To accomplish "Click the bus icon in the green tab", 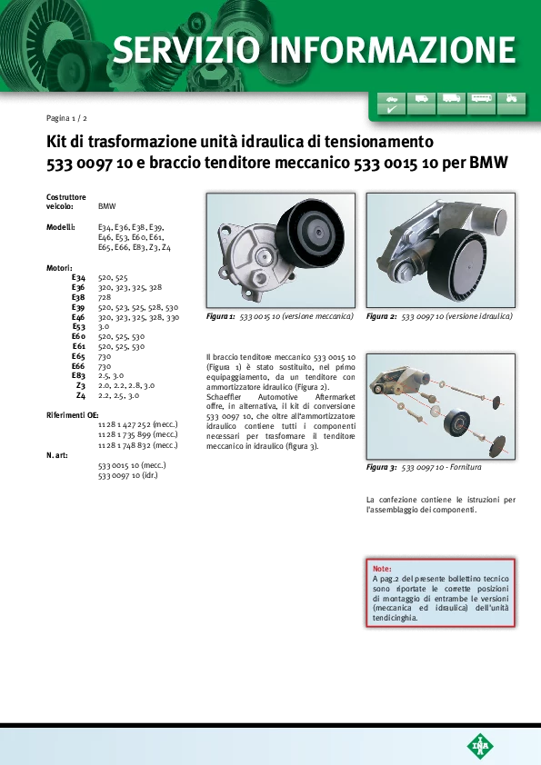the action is (481, 98).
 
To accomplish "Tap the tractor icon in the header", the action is (511, 98).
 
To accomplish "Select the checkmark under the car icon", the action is (392, 110).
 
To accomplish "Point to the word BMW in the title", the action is (488, 162).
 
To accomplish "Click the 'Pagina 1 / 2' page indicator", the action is (66, 118).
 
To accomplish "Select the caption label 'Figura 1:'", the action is (221, 316).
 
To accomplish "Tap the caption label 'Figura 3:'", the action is (381, 467).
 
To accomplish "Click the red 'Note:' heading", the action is (382, 569).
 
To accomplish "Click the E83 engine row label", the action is (78, 375).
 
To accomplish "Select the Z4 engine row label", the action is (81, 395).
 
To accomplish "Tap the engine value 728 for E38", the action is (105, 297).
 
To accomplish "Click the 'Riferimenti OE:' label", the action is (72, 415).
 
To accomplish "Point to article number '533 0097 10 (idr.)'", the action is (128, 474).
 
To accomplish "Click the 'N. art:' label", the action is (57, 455).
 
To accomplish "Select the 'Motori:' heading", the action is (59, 268).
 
